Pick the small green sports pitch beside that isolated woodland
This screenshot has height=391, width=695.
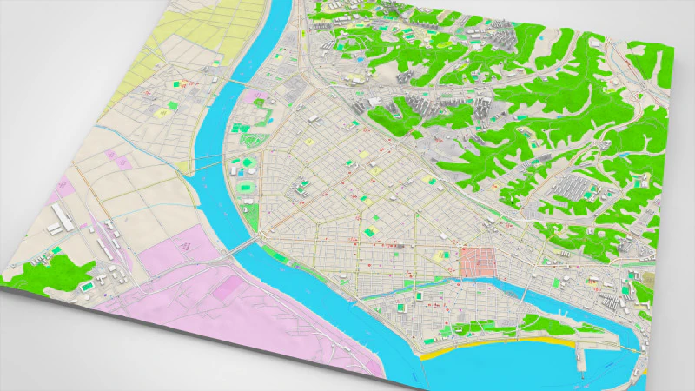89,284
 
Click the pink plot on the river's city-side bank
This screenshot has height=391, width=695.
257,97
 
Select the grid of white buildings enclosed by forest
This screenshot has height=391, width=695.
573,187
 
